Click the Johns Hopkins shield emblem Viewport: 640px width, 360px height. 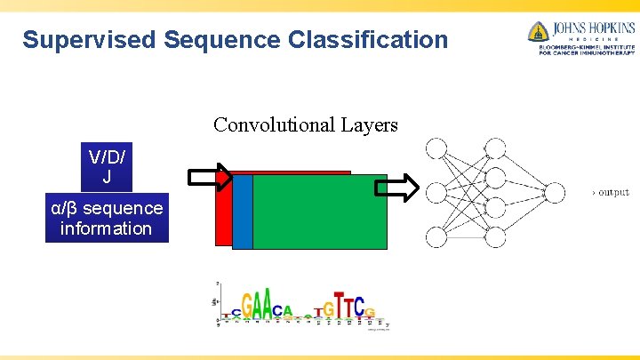pos(537,32)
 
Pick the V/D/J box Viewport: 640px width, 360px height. pos(107,166)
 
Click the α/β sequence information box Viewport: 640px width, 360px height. pos(107,218)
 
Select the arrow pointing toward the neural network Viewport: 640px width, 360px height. pos(395,188)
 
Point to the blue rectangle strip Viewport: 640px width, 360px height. pos(243,212)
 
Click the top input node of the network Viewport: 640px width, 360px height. pos(436,148)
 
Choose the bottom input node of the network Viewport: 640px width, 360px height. pos(436,236)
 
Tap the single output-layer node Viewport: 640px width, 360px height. pos(554,192)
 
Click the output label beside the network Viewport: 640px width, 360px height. pos(611,192)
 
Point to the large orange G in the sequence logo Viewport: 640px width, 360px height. pos(249,307)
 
